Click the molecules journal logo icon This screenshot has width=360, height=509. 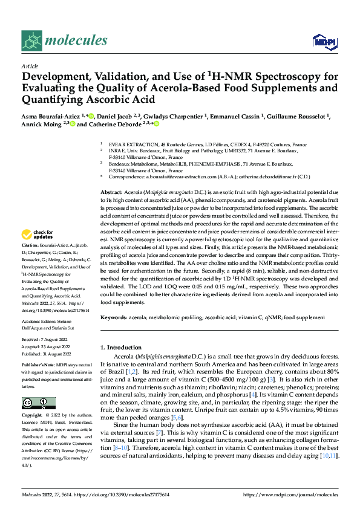(31, 41)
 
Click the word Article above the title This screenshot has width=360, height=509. (29, 66)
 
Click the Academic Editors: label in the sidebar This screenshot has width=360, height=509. (40, 322)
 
